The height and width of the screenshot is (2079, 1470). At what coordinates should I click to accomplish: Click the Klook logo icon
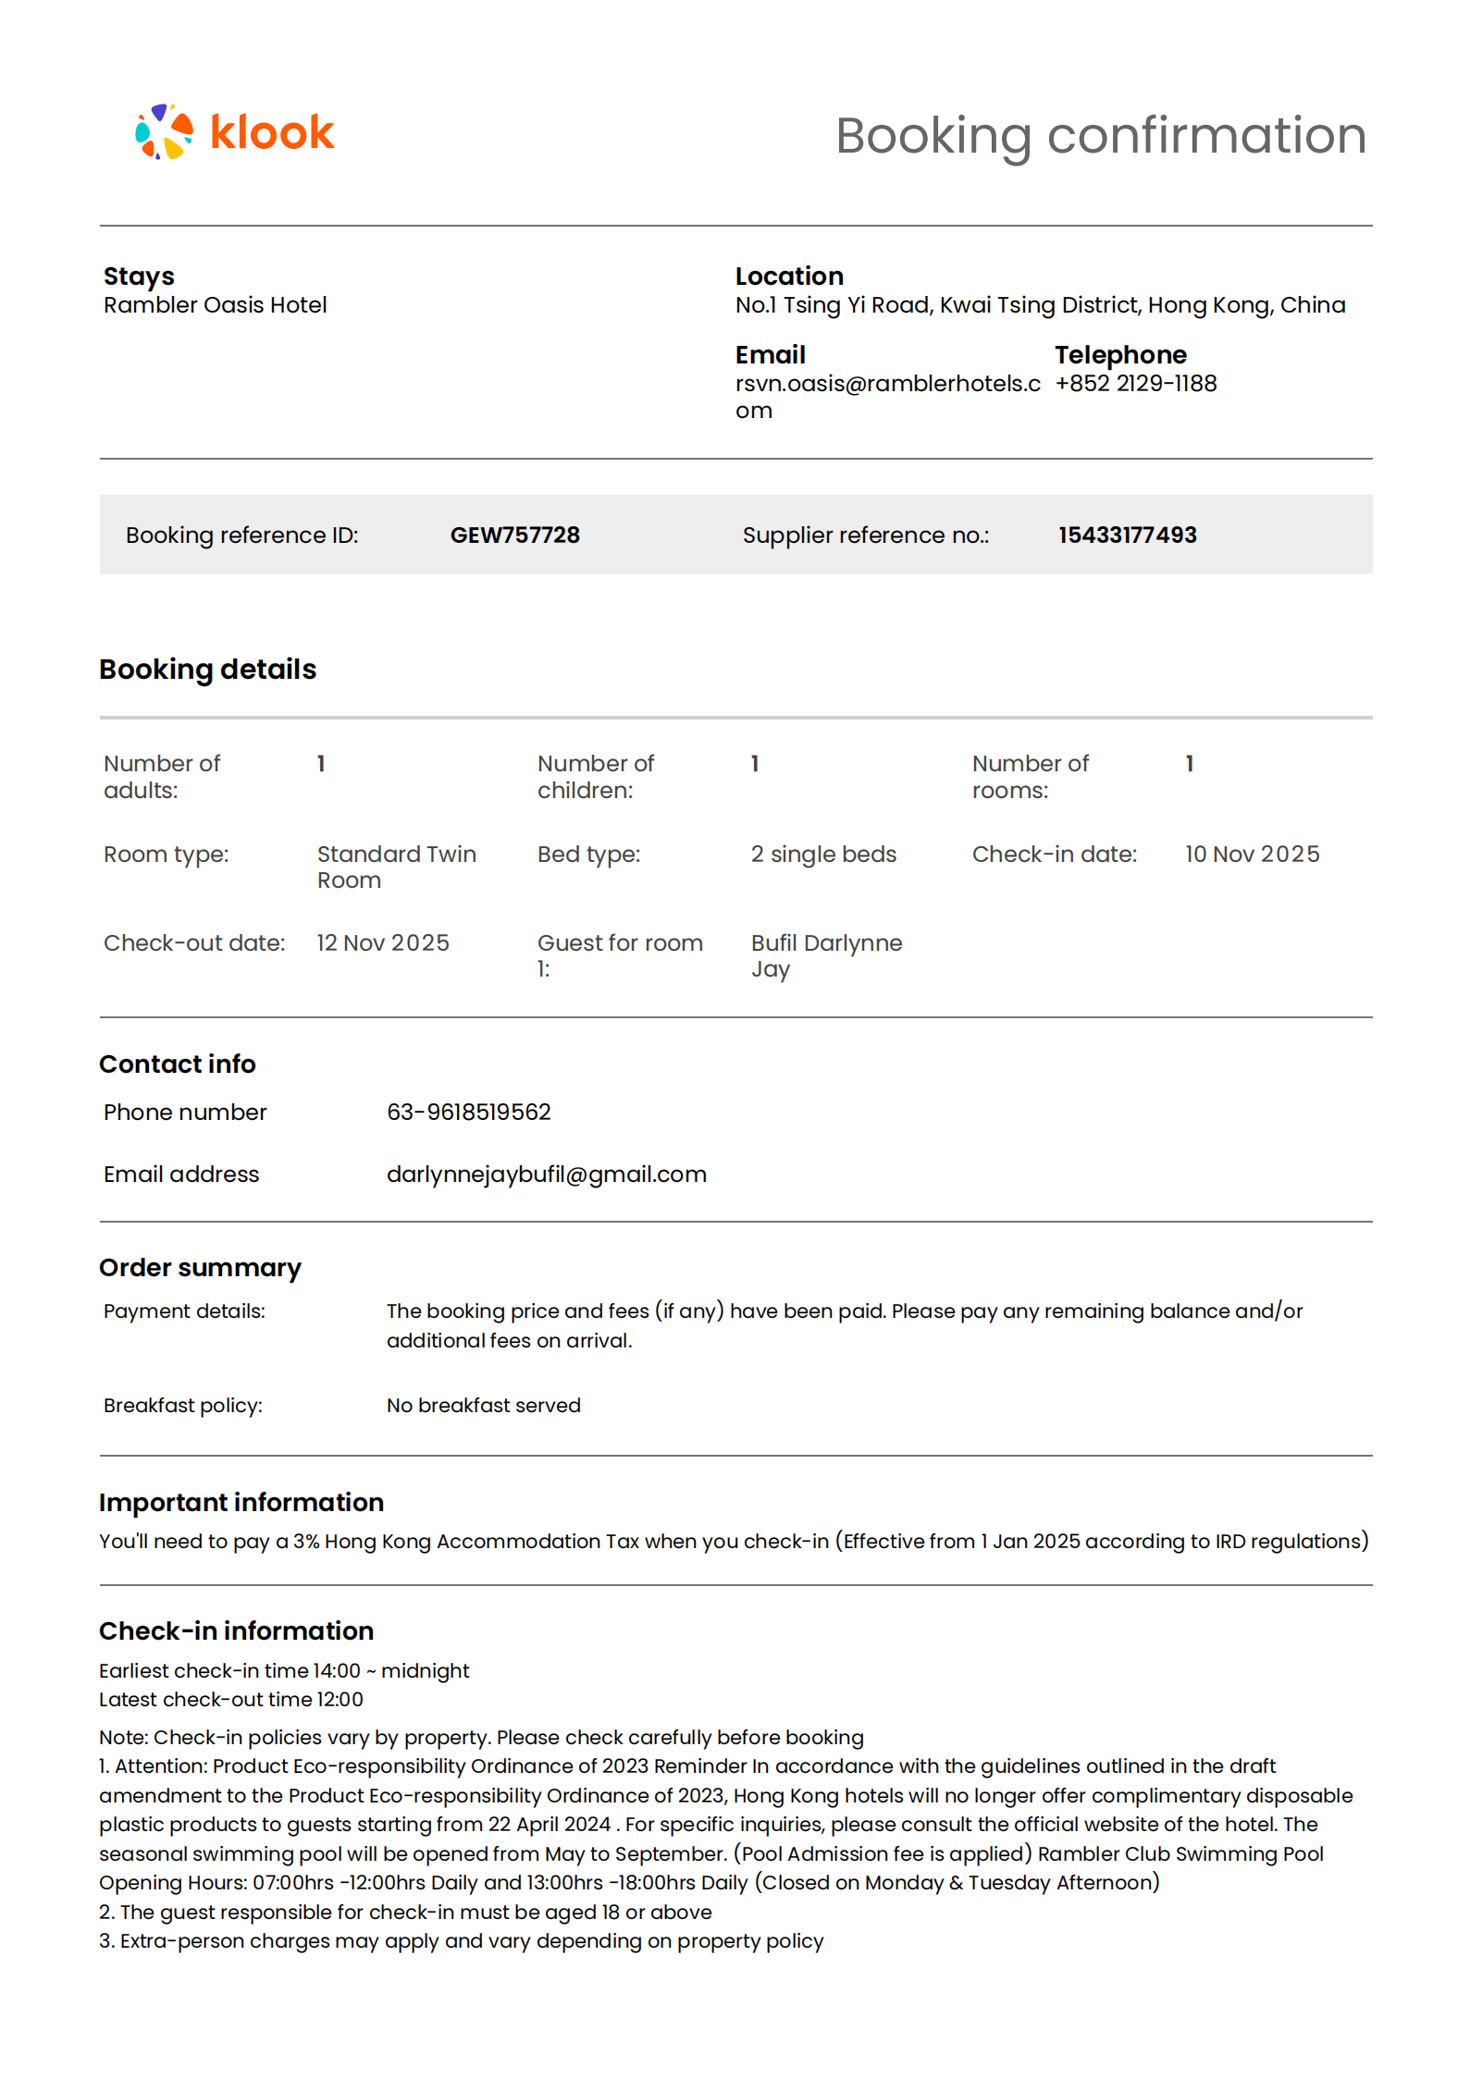coord(164,132)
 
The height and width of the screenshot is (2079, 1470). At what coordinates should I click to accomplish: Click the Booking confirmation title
coord(1100,135)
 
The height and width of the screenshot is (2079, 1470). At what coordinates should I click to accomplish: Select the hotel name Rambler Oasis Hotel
coord(215,305)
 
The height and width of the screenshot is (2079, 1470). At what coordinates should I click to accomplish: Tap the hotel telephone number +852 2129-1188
coord(1135,383)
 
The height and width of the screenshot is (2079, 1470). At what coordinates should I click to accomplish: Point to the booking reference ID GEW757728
coord(514,535)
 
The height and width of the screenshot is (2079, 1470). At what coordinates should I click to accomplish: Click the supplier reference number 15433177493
coord(1127,535)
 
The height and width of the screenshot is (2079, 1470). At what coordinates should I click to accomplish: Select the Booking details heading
coord(207,669)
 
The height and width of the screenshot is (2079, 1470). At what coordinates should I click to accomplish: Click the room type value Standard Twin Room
coord(396,867)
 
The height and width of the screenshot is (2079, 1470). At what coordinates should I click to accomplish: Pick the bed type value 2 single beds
coord(823,854)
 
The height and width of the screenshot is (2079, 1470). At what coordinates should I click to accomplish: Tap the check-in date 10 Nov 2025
coord(1252,854)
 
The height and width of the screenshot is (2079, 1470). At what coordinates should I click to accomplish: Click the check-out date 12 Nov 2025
coord(383,942)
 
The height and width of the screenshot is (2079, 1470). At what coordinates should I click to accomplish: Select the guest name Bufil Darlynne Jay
coord(826,955)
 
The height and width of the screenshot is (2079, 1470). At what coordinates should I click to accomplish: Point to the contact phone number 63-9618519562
coord(468,1112)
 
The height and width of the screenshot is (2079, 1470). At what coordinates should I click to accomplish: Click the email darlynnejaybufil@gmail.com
coord(546,1174)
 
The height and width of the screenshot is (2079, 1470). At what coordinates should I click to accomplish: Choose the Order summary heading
coord(200,1267)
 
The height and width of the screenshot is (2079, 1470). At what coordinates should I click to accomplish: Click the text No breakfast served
coord(483,1405)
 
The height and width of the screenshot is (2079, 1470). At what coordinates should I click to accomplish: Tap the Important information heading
coord(241,1502)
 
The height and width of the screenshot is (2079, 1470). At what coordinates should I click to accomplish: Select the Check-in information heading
coord(236,1630)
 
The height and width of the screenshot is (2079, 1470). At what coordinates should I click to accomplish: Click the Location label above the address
coord(788,276)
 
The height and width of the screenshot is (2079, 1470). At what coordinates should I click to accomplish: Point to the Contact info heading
coord(177,1064)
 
